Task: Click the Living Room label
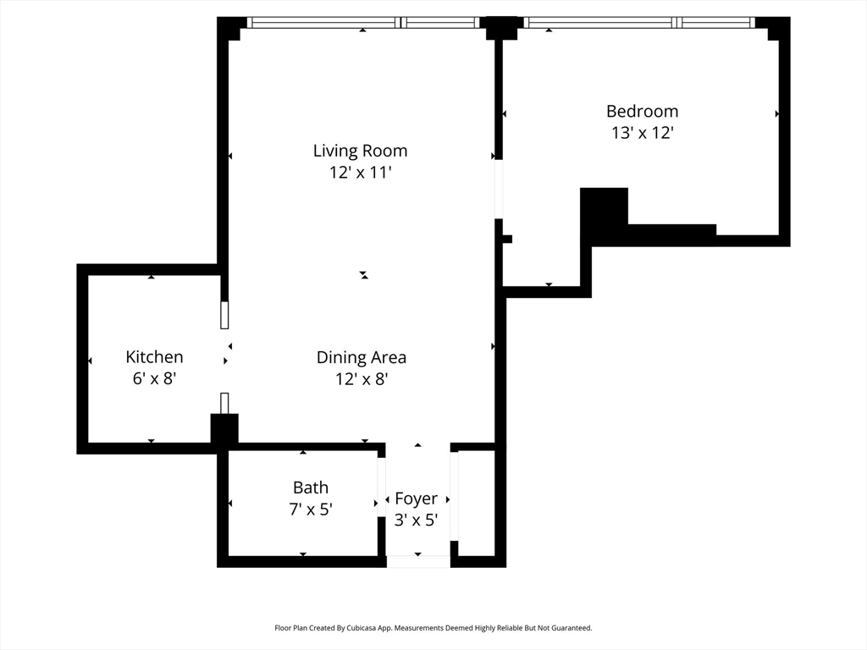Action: pyautogui.click(x=360, y=151)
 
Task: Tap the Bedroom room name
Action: pyautogui.click(x=642, y=111)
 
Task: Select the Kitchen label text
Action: pyautogui.click(x=154, y=357)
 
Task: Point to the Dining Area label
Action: pyautogui.click(x=361, y=358)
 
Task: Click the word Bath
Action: pyautogui.click(x=311, y=487)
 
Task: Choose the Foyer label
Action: pyautogui.click(x=417, y=499)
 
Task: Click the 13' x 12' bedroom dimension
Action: pyautogui.click(x=642, y=133)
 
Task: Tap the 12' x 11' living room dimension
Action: pyautogui.click(x=361, y=173)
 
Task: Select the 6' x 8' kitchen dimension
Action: pyautogui.click(x=154, y=378)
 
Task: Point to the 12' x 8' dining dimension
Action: pyautogui.click(x=362, y=379)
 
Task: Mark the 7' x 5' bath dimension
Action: pyautogui.click(x=311, y=509)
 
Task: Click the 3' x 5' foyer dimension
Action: pyautogui.click(x=417, y=521)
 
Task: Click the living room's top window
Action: pyautogui.click(x=363, y=23)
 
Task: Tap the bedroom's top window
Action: pyautogui.click(x=639, y=23)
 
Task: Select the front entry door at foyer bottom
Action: pyautogui.click(x=418, y=562)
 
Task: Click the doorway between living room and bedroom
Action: pyautogui.click(x=499, y=189)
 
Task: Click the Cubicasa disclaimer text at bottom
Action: pyautogui.click(x=433, y=628)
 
